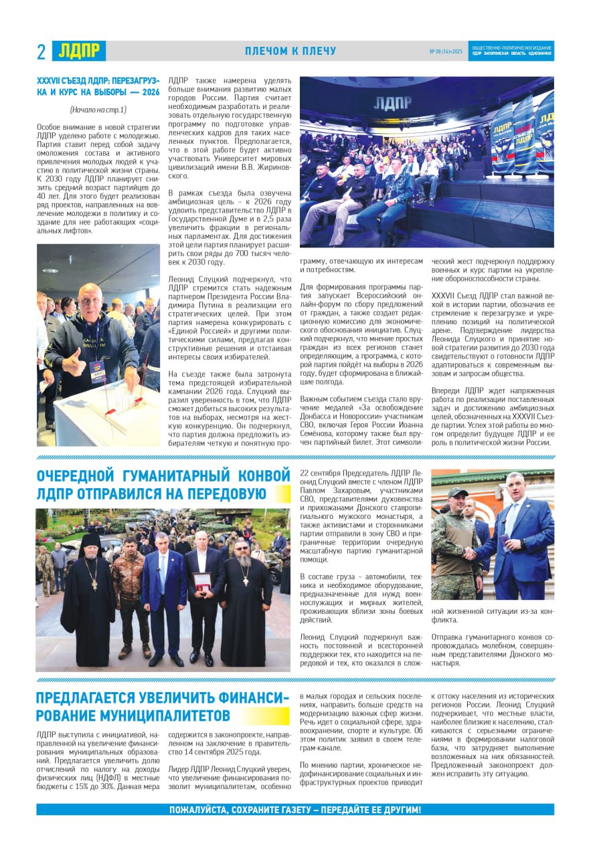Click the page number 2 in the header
coord(41,51)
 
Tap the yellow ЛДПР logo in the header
coord(79,51)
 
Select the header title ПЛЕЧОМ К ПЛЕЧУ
coord(290,51)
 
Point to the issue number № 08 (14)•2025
coord(445,51)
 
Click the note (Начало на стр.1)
coord(98,110)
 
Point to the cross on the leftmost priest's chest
coord(94,583)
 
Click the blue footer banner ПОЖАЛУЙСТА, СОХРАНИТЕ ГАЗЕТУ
coord(295,810)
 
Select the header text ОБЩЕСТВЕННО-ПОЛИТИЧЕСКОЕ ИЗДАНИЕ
coord(512,48)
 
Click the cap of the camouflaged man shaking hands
coord(457,493)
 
